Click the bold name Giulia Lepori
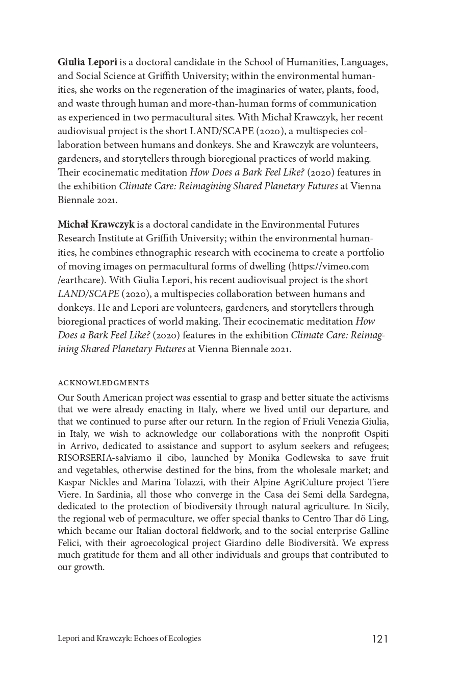(87, 62)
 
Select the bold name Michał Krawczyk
(96, 225)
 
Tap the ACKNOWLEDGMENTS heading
(104, 383)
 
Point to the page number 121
(380, 639)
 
